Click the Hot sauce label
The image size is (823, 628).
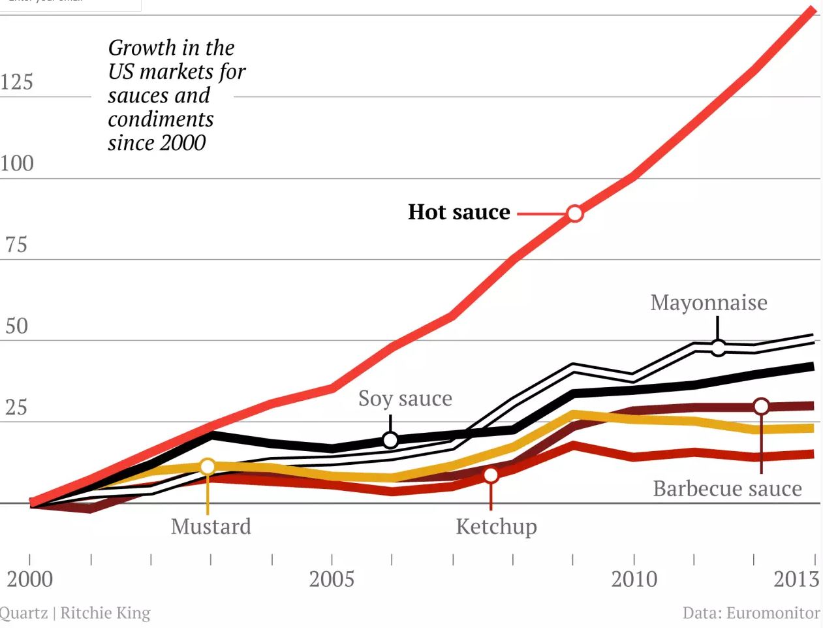point(459,212)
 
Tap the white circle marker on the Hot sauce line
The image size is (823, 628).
point(574,213)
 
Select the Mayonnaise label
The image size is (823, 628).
point(709,302)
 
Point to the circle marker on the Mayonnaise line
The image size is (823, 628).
point(718,348)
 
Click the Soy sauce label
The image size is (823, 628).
point(405,398)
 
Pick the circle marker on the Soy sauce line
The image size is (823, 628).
point(390,440)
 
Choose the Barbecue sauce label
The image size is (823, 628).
point(727,488)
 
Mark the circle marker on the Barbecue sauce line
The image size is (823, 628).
point(761,407)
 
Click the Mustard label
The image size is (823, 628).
point(211,526)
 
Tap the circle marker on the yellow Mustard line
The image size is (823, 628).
point(208,466)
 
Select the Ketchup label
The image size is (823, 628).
point(496,526)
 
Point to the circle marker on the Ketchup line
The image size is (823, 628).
point(491,475)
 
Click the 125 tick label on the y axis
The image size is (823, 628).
point(16,82)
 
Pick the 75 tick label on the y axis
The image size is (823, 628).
point(16,245)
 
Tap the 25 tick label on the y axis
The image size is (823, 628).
point(16,407)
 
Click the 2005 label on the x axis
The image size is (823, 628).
point(332,579)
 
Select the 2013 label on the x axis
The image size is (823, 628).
point(796,579)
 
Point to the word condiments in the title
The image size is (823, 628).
point(161,119)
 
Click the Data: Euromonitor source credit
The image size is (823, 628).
point(751,613)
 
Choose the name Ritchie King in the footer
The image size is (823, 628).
point(106,613)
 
